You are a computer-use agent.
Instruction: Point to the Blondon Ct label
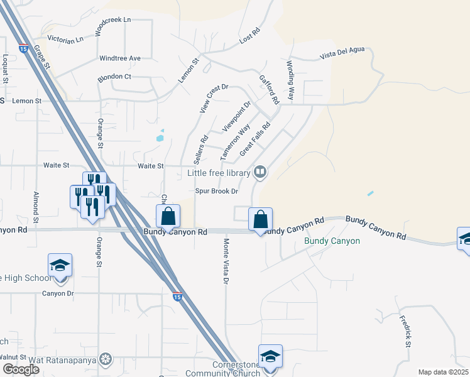(x=114, y=77)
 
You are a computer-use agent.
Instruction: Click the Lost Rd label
(x=249, y=36)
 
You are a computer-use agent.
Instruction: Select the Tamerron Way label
(x=235, y=141)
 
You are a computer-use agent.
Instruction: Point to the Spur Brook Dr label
(x=217, y=191)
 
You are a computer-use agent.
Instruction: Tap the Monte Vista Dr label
(x=224, y=260)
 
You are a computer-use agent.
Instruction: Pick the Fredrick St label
(x=405, y=331)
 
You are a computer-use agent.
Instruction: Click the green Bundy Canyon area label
(x=332, y=241)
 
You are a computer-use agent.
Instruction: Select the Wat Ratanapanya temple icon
(x=106, y=359)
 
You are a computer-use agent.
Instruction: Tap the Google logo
(x=21, y=369)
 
